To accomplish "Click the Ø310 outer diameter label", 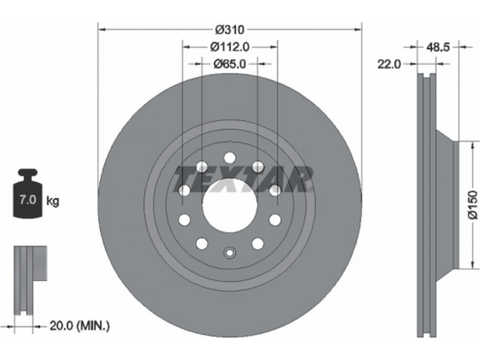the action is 230,29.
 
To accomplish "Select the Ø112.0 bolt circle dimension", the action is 230,47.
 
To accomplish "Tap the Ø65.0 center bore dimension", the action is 230,64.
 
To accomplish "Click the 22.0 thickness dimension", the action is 389,64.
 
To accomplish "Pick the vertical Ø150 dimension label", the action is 473,205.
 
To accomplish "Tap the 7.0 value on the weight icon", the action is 28,200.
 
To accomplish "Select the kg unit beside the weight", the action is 53,202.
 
